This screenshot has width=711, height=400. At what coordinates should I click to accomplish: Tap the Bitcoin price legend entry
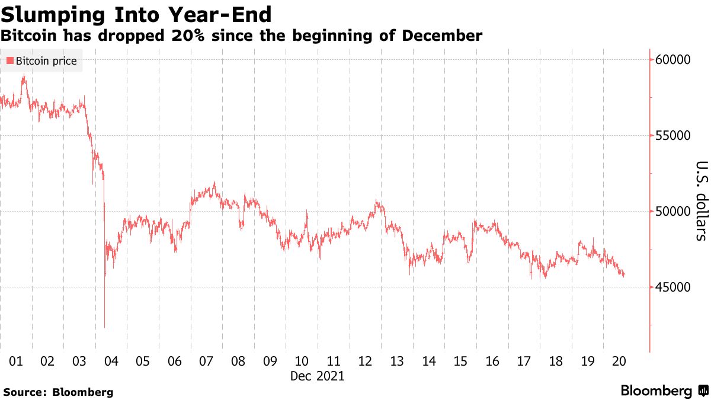41,61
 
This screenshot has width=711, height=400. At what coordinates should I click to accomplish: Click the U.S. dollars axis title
701,201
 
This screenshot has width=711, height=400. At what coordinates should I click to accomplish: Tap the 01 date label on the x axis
16,361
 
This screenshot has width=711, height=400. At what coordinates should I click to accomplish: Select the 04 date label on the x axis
111,361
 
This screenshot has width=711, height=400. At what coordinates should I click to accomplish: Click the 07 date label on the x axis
206,361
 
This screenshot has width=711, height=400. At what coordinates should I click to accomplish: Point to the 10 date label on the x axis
302,361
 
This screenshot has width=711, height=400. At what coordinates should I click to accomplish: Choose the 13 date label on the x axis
396,361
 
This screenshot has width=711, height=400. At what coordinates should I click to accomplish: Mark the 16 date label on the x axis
492,361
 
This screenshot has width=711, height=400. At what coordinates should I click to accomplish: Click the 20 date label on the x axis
619,361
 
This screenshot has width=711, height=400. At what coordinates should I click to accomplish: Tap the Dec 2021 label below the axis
317,376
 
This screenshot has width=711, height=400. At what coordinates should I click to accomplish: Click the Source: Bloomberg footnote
58,392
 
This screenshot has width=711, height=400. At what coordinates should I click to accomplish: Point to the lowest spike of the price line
105,327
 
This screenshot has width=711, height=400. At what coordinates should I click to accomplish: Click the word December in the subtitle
442,36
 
